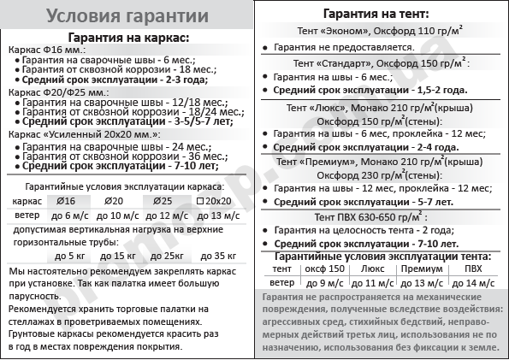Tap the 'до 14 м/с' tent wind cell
473,280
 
